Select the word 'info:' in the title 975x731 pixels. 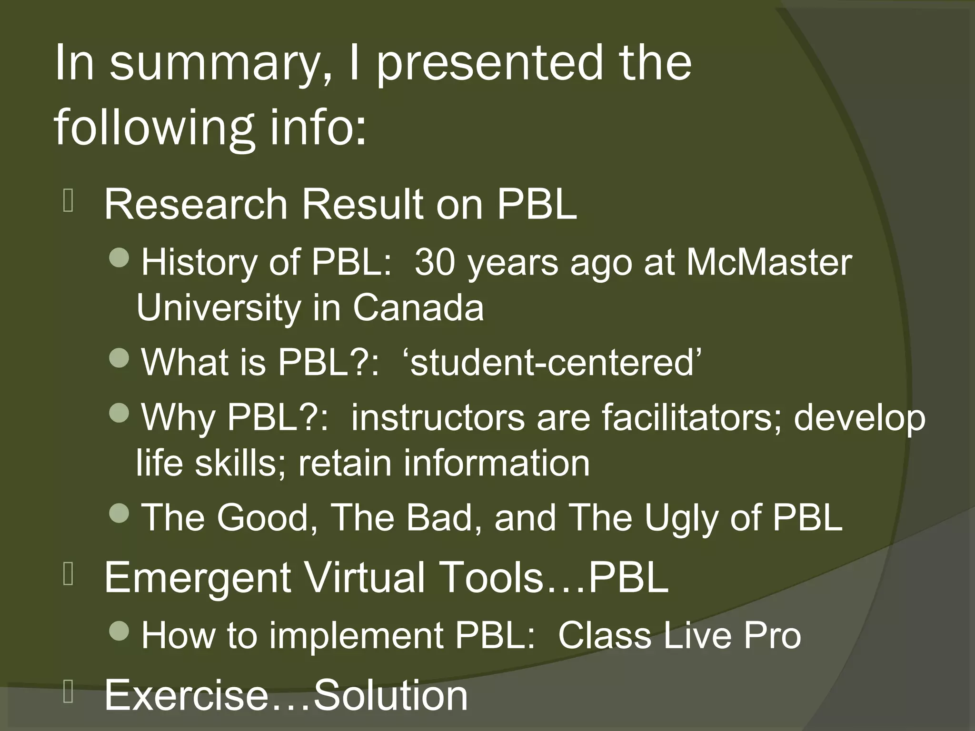tap(318, 128)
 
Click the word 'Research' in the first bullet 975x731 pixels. tap(196, 205)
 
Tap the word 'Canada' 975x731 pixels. tap(418, 308)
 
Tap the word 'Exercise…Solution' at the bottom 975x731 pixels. tap(286, 695)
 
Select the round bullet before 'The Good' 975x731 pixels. tap(119, 513)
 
